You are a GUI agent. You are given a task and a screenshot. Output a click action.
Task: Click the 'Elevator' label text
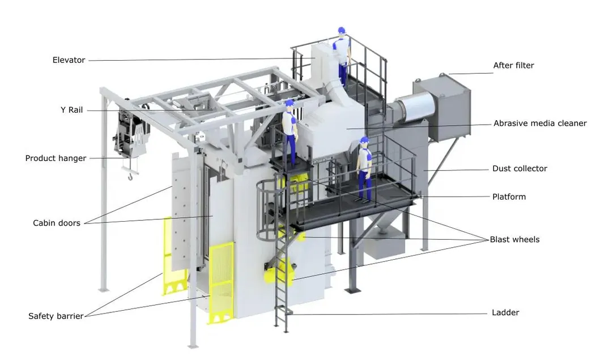pyautogui.click(x=69, y=60)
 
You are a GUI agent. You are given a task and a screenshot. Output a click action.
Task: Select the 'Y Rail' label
pyautogui.click(x=71, y=110)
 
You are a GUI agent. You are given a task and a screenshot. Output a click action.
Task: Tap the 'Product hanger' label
pyautogui.click(x=56, y=159)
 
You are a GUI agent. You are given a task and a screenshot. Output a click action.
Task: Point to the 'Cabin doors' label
pyautogui.click(x=57, y=223)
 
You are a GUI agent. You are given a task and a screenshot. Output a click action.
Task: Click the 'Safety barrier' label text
pyautogui.click(x=56, y=316)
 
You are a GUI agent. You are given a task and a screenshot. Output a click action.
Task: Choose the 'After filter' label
pyautogui.click(x=513, y=66)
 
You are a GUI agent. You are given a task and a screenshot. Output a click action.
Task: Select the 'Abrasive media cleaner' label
pyautogui.click(x=539, y=124)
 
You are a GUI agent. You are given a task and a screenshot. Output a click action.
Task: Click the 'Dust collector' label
pyautogui.click(x=520, y=169)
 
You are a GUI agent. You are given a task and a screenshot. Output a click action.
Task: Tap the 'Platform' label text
pyautogui.click(x=509, y=197)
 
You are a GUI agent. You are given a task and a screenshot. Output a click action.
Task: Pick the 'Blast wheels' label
pyautogui.click(x=514, y=240)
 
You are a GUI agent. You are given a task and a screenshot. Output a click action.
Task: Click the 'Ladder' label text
pyautogui.click(x=505, y=313)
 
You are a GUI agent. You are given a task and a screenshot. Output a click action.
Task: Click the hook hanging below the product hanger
pyautogui.click(x=131, y=176)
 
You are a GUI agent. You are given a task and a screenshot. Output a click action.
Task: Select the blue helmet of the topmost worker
pyautogui.click(x=341, y=30)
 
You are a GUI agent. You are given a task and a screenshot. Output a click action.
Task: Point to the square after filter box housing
pyautogui.click(x=442, y=108)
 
